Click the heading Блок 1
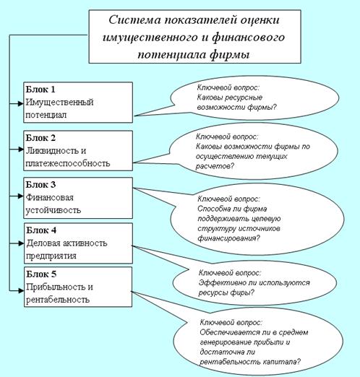tap(40, 90)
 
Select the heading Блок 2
tap(40, 138)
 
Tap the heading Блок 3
tap(40, 185)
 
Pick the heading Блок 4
tap(41, 230)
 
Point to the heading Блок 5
tap(41, 274)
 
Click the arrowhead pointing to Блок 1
tap(21, 103)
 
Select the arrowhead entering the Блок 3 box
tap(21, 196)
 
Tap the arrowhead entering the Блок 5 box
tap(21, 290)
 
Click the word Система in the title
tap(134, 19)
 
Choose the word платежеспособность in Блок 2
tap(68, 163)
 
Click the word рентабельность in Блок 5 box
tap(58, 300)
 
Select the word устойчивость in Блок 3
tap(53, 210)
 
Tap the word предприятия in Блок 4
tap(51, 256)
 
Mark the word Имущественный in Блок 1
tap(59, 103)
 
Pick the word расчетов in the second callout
tap(215, 166)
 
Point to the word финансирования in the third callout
tap(228, 238)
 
